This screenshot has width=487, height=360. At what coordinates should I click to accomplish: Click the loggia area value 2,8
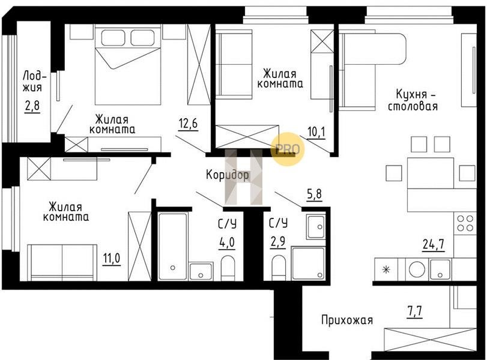point(32,107)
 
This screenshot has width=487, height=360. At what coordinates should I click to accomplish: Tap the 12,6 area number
point(188,124)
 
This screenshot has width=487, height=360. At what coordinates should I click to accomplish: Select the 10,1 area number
point(316,132)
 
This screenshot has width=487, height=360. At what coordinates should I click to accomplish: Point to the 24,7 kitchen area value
point(434,244)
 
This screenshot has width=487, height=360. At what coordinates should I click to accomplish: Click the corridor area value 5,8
point(314,194)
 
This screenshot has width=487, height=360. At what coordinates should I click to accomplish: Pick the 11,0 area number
point(112,258)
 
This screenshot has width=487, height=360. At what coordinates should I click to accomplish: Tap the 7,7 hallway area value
point(414,311)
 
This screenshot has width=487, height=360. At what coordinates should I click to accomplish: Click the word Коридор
point(228,175)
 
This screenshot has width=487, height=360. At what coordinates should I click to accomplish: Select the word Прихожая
point(347,320)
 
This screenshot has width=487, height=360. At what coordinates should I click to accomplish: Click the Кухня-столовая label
point(413,100)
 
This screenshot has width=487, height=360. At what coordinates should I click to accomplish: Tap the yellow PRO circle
point(288,149)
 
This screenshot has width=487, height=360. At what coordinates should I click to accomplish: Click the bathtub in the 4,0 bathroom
point(172,246)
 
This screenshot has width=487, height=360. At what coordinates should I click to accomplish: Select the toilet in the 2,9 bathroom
point(278,268)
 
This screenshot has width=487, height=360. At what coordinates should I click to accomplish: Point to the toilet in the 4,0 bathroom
point(228,268)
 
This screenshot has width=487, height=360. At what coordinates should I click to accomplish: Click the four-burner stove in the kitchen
point(465,224)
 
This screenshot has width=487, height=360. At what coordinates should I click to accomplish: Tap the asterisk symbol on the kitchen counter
point(386,269)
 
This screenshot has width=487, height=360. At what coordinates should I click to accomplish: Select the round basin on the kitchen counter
point(417,269)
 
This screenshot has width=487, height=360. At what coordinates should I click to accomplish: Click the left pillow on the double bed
point(113,38)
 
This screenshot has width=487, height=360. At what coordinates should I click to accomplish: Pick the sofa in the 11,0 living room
point(62,263)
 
